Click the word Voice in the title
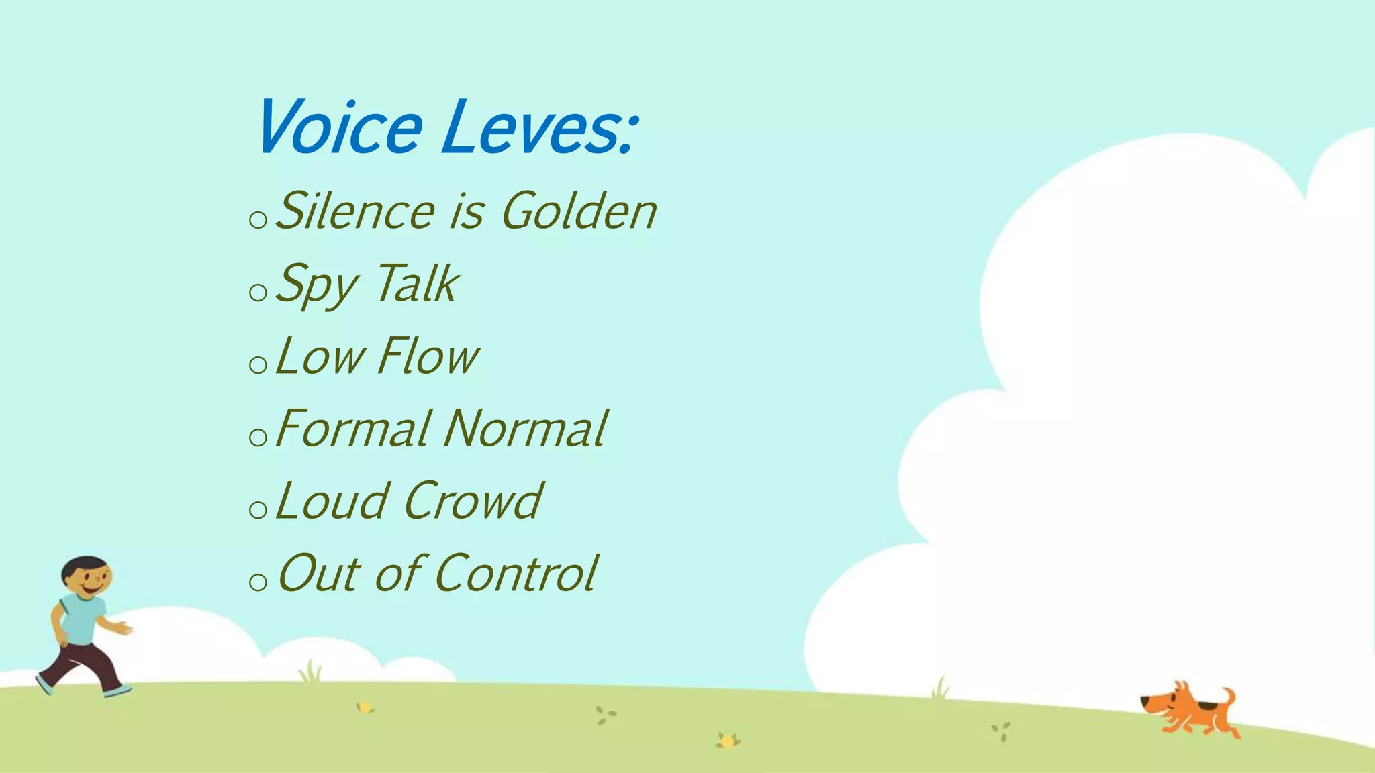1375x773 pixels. pyautogui.click(x=339, y=127)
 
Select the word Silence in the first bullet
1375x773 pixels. pyautogui.click(x=356, y=211)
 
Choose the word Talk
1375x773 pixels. pyautogui.click(x=416, y=284)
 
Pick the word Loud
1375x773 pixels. pyautogui.click(x=332, y=501)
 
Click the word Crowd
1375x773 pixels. pyautogui.click(x=473, y=501)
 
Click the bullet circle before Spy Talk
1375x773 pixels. pyautogui.click(x=258, y=292)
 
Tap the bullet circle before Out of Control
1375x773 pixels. pyautogui.click(x=258, y=582)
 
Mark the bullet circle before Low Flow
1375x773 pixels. pyautogui.click(x=258, y=364)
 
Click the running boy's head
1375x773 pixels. pyautogui.click(x=87, y=577)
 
